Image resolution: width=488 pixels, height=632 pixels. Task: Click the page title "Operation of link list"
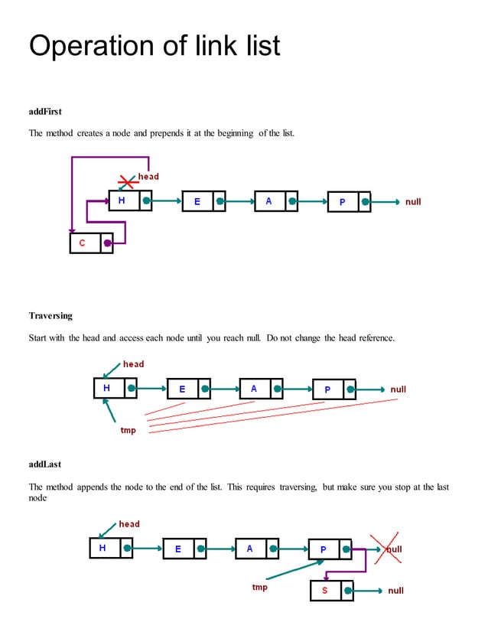pyautogui.click(x=155, y=46)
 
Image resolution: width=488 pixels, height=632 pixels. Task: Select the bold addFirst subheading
pyautogui.click(x=45, y=112)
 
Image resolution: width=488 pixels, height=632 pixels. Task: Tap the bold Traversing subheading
pyautogui.click(x=50, y=315)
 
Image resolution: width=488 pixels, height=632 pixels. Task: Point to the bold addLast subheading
pyautogui.click(x=44, y=464)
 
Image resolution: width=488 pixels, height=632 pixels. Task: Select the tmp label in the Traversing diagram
pyautogui.click(x=129, y=430)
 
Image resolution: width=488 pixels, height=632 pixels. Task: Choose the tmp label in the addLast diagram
pyautogui.click(x=260, y=588)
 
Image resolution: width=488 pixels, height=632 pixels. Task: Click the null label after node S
pyautogui.click(x=395, y=591)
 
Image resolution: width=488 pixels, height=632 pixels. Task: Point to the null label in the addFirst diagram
pyautogui.click(x=413, y=202)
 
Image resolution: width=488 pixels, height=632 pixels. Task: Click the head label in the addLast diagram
pyautogui.click(x=129, y=524)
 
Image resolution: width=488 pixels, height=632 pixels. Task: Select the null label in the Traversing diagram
pyautogui.click(x=398, y=389)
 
